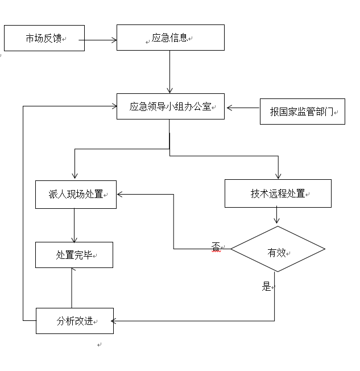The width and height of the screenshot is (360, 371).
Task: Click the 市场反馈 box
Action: [44, 38]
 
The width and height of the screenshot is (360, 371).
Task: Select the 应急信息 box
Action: [170, 38]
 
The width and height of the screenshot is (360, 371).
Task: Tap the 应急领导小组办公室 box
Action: [170, 106]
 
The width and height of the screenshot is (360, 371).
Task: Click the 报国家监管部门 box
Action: [302, 112]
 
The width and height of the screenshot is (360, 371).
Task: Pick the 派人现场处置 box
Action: [76, 194]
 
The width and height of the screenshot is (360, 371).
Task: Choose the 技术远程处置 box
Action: [278, 193]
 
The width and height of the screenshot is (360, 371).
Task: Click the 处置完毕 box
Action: [74, 255]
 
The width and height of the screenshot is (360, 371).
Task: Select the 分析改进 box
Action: [75, 320]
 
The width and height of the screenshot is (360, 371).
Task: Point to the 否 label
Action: [216, 246]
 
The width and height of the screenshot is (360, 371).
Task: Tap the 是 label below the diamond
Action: [266, 287]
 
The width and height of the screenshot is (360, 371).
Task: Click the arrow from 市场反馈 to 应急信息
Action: [100, 40]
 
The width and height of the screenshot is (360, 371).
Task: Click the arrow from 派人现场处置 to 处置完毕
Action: [74, 225]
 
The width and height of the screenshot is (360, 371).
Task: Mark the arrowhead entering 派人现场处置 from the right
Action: [120, 194]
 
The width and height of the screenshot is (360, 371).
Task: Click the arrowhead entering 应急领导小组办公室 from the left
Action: [113, 106]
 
